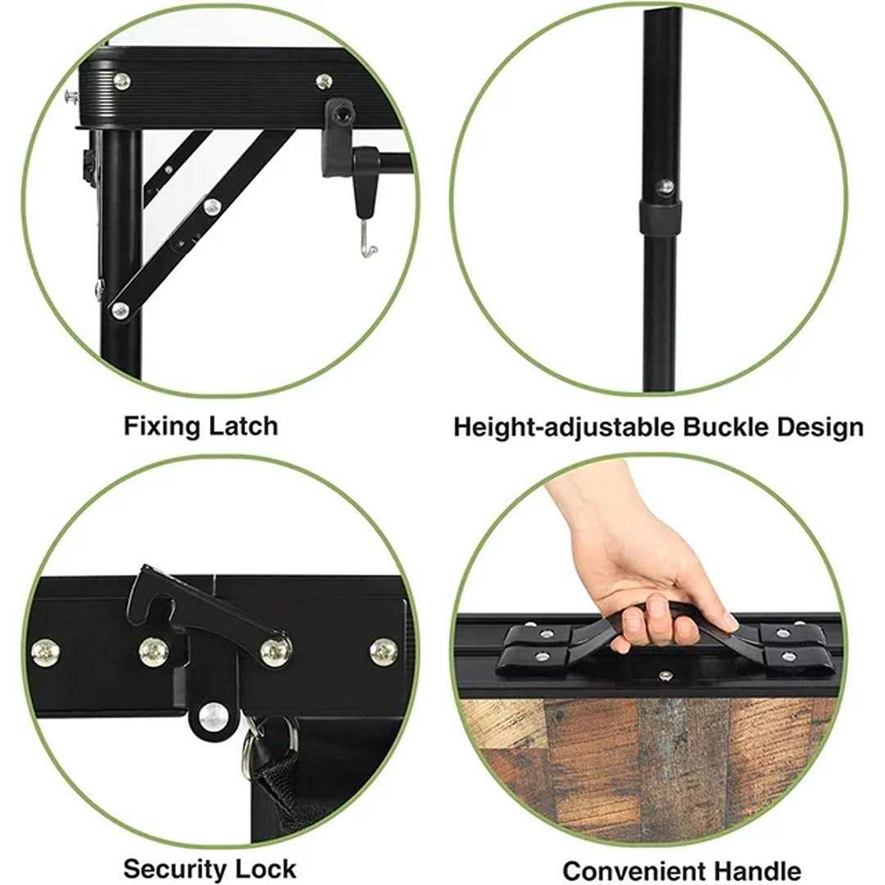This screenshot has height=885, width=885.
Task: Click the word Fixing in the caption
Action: [x=161, y=426]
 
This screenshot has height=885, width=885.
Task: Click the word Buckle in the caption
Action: [x=725, y=427]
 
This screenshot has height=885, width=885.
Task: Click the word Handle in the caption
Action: [x=757, y=871]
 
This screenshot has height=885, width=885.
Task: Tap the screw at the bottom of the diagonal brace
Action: [x=120, y=309]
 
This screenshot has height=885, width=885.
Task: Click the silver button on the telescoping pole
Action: [x=666, y=185]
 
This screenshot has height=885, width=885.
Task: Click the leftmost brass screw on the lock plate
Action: [x=44, y=652]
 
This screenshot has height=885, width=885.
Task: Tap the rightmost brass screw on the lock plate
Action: [x=383, y=651]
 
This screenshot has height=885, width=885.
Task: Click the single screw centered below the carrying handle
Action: [x=666, y=675]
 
